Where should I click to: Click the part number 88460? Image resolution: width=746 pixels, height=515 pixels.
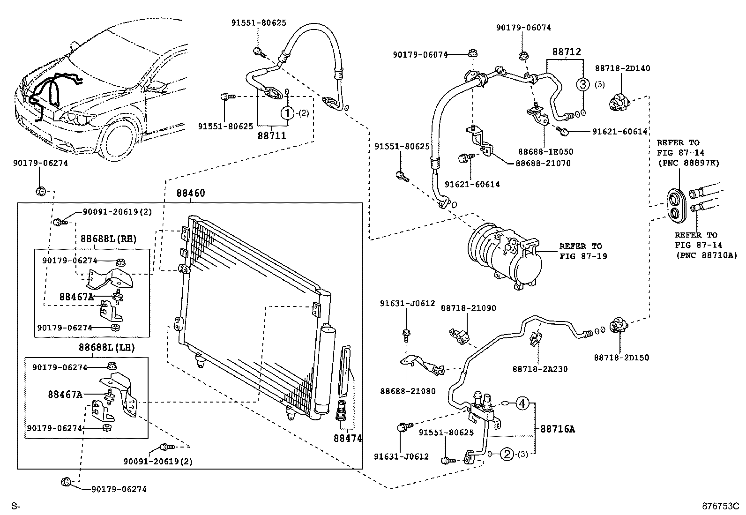point(191,194)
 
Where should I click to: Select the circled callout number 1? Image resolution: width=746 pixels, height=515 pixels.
point(287,112)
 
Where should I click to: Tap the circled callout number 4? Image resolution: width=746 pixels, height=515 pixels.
point(523,403)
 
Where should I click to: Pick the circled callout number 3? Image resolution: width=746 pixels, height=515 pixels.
point(582,84)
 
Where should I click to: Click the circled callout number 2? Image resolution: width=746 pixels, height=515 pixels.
point(507,454)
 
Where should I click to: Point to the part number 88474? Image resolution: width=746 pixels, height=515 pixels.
point(348,438)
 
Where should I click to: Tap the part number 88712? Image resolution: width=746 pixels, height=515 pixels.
point(566,52)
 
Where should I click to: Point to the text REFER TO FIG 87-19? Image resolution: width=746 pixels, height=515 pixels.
point(581,251)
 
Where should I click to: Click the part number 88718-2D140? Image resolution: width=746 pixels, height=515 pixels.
point(622,68)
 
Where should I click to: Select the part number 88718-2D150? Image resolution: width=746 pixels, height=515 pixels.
point(621,358)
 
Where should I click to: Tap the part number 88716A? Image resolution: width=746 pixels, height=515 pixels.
point(557,428)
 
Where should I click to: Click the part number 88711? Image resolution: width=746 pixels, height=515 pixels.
point(272,136)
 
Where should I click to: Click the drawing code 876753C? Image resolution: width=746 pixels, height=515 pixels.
point(720,506)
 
